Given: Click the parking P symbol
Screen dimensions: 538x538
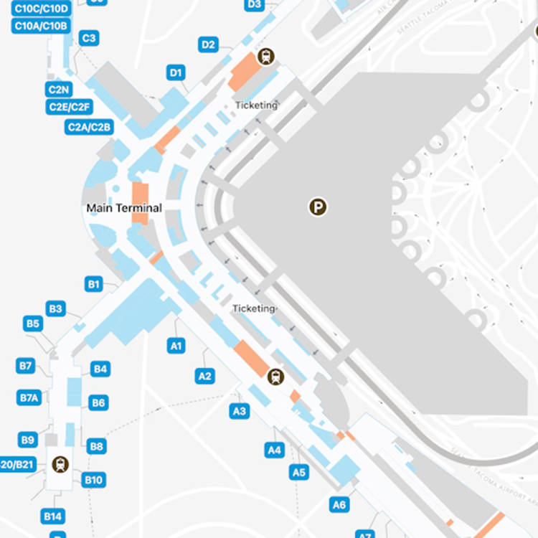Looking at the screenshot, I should (318, 207).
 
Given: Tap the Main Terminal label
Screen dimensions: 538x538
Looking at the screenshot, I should (124, 208).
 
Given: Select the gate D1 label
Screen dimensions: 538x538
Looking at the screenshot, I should (176, 72).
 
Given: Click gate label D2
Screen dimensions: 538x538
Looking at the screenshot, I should (208, 45).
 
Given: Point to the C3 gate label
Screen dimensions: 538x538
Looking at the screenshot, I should (88, 39).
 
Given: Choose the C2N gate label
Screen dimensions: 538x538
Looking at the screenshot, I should (59, 90).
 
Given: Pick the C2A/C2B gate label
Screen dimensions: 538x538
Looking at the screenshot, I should (89, 127).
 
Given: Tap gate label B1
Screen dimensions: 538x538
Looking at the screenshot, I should (93, 284).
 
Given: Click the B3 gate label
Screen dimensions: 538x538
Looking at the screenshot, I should (55, 308).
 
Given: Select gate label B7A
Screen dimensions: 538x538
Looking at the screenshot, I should (29, 397).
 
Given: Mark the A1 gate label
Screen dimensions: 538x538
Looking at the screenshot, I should (176, 346).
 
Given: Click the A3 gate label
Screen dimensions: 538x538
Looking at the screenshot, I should (239, 411).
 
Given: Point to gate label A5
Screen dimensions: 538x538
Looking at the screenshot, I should (299, 472).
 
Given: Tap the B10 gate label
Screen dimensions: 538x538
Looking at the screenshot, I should (93, 480).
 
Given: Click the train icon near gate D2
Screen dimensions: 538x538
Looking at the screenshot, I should (267, 56).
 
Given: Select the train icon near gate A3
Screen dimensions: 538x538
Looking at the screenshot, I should (275, 377).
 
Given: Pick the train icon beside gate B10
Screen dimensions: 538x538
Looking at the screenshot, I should (60, 464).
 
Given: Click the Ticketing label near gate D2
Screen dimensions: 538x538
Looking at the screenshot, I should (256, 105).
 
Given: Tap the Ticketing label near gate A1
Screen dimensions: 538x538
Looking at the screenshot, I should (253, 308).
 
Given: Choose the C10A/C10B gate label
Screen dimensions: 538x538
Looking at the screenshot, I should (41, 26).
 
